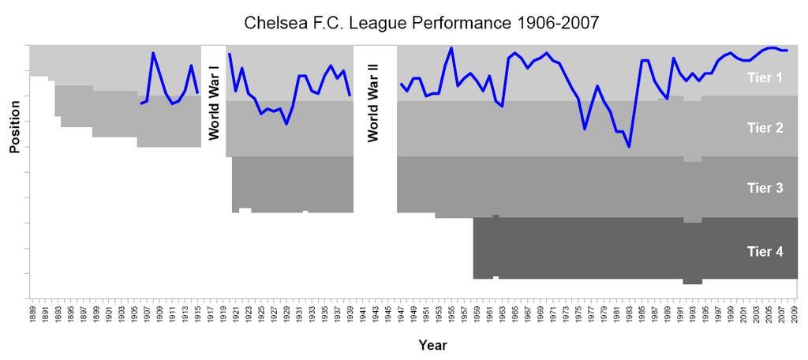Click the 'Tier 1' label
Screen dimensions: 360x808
[x=765, y=77]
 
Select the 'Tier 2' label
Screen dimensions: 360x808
[x=765, y=127]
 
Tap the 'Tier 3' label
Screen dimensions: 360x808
[x=765, y=188]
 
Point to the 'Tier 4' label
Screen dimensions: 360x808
[x=765, y=251]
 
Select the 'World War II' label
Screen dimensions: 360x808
[x=373, y=103]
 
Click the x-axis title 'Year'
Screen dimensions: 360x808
[x=433, y=345]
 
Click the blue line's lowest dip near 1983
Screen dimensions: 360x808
[x=629, y=147]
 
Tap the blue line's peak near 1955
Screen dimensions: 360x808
[x=451, y=48]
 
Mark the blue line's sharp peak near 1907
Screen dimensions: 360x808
[x=153, y=53]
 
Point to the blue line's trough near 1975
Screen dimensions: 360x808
[x=585, y=129]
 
